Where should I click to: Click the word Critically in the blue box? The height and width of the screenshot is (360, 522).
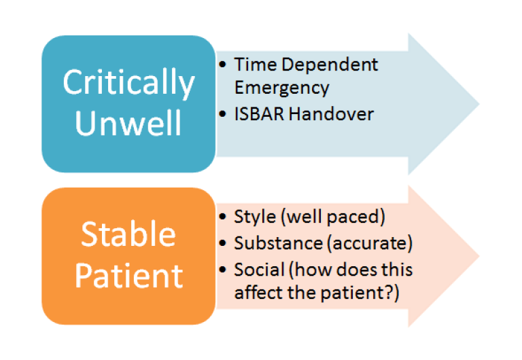[128, 84]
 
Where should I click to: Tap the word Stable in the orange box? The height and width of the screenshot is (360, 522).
[128, 235]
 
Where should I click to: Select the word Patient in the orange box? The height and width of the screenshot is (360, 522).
[128, 275]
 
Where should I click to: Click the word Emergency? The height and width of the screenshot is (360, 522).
[281, 88]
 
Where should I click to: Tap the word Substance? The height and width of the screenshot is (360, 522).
[269, 242]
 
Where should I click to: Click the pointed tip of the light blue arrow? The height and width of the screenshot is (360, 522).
[478, 104]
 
